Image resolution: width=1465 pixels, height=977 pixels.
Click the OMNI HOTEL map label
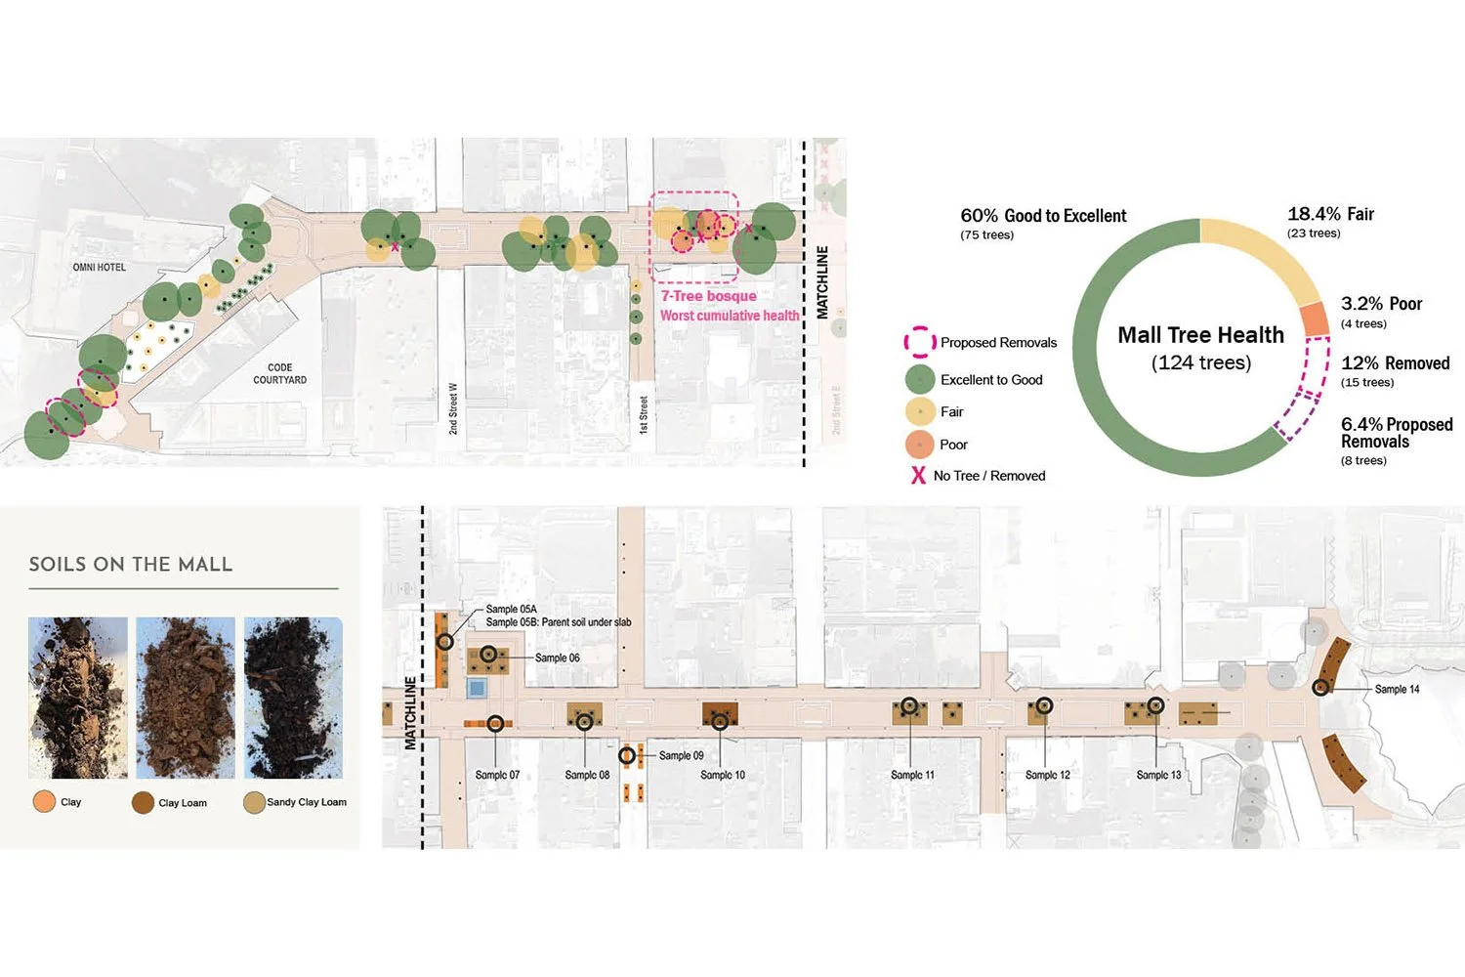click(99, 267)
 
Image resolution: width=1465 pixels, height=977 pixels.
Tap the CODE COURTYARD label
click(280, 374)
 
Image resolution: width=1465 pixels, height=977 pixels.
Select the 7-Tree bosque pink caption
click(709, 296)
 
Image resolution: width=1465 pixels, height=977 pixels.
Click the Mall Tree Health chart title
click(1200, 335)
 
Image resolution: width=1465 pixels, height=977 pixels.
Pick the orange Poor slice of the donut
click(1315, 319)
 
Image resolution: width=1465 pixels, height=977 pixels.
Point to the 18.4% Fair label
click(1330, 214)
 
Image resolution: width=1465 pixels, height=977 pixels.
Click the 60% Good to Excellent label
click(1043, 216)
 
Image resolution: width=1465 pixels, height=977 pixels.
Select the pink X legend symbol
click(918, 476)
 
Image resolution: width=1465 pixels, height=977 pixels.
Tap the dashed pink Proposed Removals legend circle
click(919, 342)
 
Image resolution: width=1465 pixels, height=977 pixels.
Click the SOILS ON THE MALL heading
click(131, 565)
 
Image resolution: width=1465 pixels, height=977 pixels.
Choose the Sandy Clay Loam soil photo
click(293, 698)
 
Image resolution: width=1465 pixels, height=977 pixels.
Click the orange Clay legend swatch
click(44, 802)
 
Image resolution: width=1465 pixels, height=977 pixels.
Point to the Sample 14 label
click(1397, 689)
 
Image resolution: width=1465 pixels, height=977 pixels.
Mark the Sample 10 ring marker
click(720, 722)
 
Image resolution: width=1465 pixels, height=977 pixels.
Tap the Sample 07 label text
click(497, 775)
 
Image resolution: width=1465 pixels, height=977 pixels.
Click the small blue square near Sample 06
click(477, 688)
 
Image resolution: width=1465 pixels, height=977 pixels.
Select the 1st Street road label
click(644, 414)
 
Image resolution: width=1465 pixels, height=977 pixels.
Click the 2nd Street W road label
click(453, 408)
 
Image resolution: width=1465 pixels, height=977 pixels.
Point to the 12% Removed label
click(1395, 363)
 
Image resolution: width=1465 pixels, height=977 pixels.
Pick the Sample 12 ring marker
click(1044, 704)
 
